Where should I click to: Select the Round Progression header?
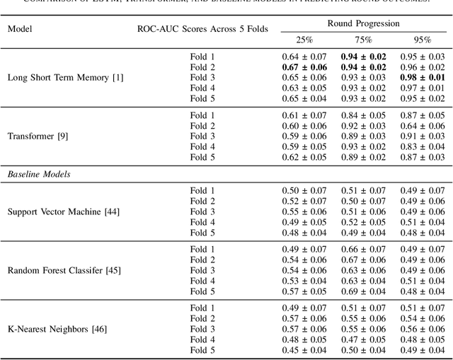pyautogui.click(x=363, y=23)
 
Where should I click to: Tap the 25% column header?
pyautogui.click(x=304, y=40)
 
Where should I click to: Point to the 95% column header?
pyautogui.click(x=422, y=40)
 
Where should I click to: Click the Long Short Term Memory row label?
pyautogui.click(x=65, y=76)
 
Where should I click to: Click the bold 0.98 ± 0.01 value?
pyautogui.click(x=422, y=76)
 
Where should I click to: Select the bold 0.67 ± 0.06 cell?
pyautogui.click(x=304, y=66)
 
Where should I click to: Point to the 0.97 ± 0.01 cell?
pyautogui.click(x=422, y=87)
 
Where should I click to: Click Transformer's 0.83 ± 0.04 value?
pyautogui.click(x=422, y=146)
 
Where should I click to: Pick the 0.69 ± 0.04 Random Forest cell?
pyautogui.click(x=363, y=291)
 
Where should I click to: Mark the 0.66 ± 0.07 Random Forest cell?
pyautogui.click(x=363, y=249)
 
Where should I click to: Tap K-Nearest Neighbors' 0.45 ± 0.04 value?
pyautogui.click(x=304, y=350)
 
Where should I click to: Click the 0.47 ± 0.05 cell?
pyautogui.click(x=363, y=339)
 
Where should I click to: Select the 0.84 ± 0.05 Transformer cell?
pyautogui.click(x=363, y=115)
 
